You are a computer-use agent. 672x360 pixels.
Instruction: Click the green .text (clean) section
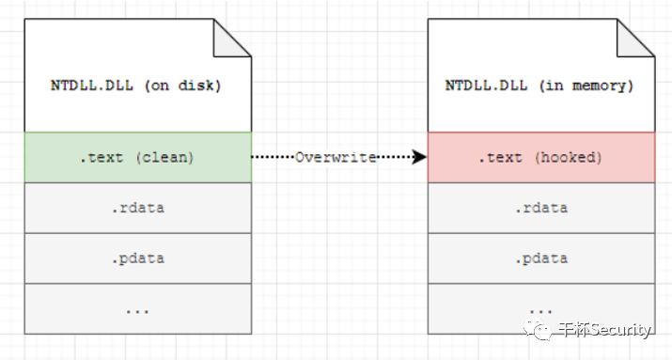[x=138, y=157]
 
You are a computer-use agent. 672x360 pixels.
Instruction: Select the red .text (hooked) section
[x=541, y=157]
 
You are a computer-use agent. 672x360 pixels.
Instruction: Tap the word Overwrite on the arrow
[x=336, y=157]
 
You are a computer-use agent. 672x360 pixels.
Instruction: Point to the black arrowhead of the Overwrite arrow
[x=419, y=157]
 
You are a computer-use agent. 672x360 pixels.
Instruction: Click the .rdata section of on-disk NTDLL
[x=138, y=208]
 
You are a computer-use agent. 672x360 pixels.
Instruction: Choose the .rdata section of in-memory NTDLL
[x=541, y=208]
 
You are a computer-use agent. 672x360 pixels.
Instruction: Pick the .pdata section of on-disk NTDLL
[x=138, y=258]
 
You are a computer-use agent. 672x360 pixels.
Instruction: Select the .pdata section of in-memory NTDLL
[x=541, y=258]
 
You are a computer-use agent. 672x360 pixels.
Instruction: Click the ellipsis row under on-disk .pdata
[x=138, y=308]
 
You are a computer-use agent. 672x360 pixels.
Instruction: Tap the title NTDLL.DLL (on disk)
[x=136, y=86]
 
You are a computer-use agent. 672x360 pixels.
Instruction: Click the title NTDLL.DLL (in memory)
[x=539, y=86]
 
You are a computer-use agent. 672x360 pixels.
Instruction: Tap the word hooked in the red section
[x=569, y=157]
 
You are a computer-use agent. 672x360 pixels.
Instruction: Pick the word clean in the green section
[x=164, y=157]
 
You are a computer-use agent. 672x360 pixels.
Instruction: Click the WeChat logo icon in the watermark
[x=537, y=329]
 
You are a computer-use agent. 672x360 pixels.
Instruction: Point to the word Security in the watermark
[x=618, y=330]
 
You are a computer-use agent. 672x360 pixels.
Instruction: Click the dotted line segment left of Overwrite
[x=273, y=157]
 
